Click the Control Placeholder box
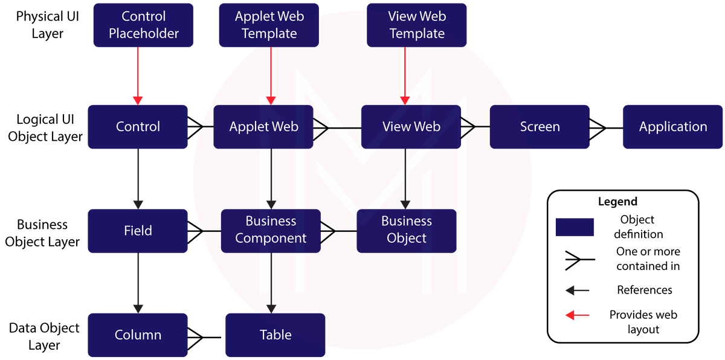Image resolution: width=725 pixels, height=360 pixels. (x=143, y=25)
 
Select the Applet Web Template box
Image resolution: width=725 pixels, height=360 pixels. (x=269, y=25)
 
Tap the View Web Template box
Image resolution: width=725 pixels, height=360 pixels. (x=417, y=25)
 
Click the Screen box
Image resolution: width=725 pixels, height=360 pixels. (x=540, y=127)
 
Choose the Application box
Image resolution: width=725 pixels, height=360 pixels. (x=672, y=127)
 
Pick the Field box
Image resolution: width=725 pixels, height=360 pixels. (x=138, y=231)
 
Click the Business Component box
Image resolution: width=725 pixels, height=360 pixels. (x=271, y=230)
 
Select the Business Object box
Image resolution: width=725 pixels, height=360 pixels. (x=407, y=230)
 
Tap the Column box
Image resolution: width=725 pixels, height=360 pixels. (x=138, y=335)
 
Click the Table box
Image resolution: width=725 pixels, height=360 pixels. (x=275, y=335)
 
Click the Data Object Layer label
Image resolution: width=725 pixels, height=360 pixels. (x=44, y=336)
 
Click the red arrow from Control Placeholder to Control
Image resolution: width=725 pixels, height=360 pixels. (x=138, y=76)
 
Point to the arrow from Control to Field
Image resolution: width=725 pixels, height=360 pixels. (x=138, y=178)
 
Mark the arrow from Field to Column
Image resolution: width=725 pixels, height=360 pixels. (x=138, y=282)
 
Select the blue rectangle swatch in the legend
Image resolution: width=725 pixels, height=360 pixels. (x=575, y=227)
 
